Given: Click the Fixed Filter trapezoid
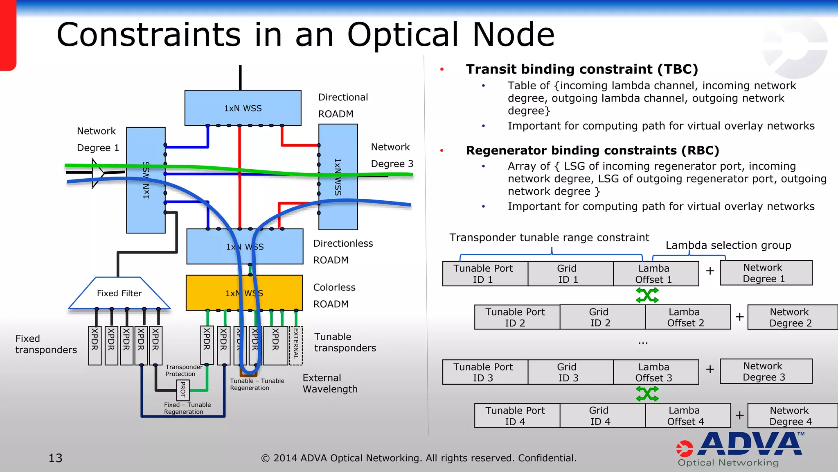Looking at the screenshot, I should pos(119,293).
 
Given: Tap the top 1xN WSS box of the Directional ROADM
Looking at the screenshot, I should pos(243,108).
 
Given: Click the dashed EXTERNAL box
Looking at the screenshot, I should pos(296,345).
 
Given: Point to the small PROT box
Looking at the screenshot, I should pos(182,390).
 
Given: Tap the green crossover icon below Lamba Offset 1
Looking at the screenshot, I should pos(647,295).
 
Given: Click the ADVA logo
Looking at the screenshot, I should pos(741,449).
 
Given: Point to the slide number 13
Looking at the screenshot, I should pos(56,458).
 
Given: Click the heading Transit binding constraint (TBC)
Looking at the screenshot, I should pos(581,69).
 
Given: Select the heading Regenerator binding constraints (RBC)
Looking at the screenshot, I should pos(592,150).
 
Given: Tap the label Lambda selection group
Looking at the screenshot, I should pos(728,245).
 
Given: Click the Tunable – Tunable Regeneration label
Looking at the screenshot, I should pos(257,384).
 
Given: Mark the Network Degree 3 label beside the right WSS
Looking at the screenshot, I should pos(392,156).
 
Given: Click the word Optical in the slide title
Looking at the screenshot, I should pos(403,35).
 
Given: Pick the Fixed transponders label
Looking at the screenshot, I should pos(46,344).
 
